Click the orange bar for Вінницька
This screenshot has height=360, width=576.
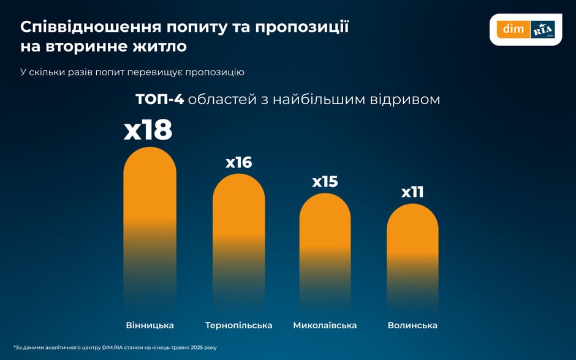click(x=150, y=202)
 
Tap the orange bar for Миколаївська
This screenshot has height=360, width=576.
click(x=325, y=227)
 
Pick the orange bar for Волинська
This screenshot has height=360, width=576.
click(x=412, y=233)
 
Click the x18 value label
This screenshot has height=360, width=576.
click(x=148, y=130)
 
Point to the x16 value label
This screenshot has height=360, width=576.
click(x=238, y=162)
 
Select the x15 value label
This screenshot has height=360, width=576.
click(x=325, y=182)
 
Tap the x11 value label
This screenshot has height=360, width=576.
click(x=412, y=192)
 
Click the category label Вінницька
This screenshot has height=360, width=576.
click(x=150, y=325)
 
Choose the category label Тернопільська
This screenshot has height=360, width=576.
click(x=238, y=325)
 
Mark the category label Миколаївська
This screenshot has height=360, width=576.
click(x=325, y=325)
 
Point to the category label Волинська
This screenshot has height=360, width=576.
click(x=412, y=325)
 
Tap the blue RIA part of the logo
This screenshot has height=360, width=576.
click(x=543, y=29)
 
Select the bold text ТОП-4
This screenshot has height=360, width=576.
click(x=159, y=99)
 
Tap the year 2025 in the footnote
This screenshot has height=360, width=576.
click(x=195, y=347)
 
